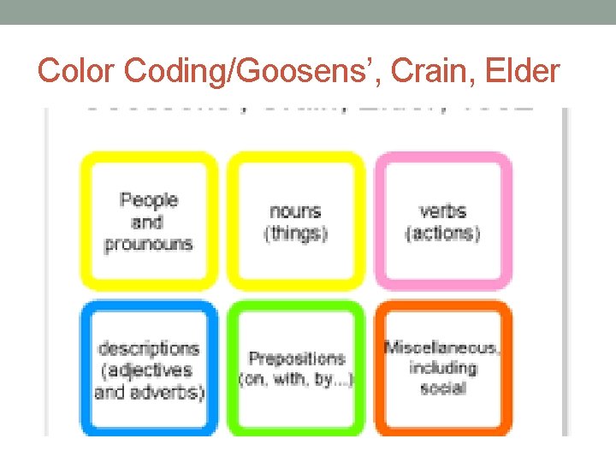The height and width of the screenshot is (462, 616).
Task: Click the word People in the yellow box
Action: [149, 200]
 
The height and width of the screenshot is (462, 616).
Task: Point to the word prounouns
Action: [149, 243]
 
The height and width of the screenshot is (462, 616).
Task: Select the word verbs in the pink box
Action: [442, 210]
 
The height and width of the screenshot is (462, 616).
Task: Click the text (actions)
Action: [442, 233]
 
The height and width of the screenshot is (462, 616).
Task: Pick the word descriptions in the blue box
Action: [149, 348]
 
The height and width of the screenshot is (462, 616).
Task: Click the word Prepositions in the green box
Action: [297, 358]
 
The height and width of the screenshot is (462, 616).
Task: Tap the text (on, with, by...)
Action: [297, 379]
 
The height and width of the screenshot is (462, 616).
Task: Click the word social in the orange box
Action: [442, 388]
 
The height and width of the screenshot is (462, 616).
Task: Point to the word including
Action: [442, 368]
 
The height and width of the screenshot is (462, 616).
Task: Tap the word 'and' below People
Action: [147, 222]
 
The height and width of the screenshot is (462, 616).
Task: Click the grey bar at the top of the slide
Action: [308, 11]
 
